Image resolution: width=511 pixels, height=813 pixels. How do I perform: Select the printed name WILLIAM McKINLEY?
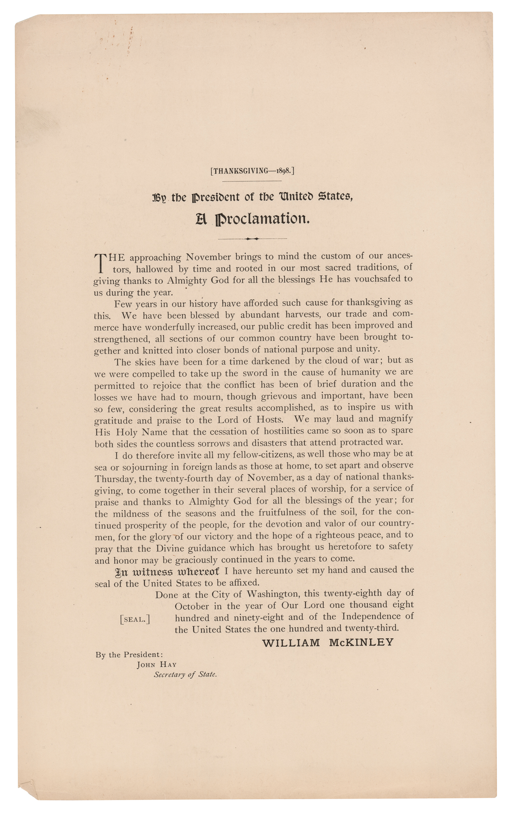328,643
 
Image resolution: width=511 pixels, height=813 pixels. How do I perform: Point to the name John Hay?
156,665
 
